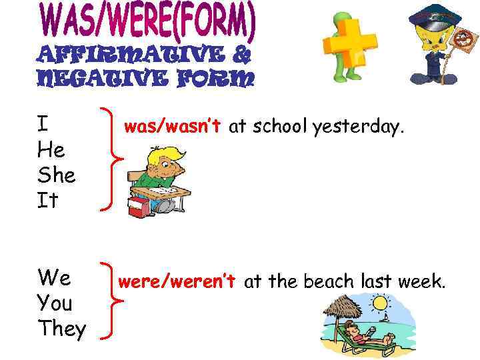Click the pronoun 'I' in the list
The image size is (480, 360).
click(43, 125)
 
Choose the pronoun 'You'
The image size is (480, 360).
click(55, 303)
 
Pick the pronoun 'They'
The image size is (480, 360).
click(62, 329)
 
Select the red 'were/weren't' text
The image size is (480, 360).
click(176, 281)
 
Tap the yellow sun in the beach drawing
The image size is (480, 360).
click(380, 304)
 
